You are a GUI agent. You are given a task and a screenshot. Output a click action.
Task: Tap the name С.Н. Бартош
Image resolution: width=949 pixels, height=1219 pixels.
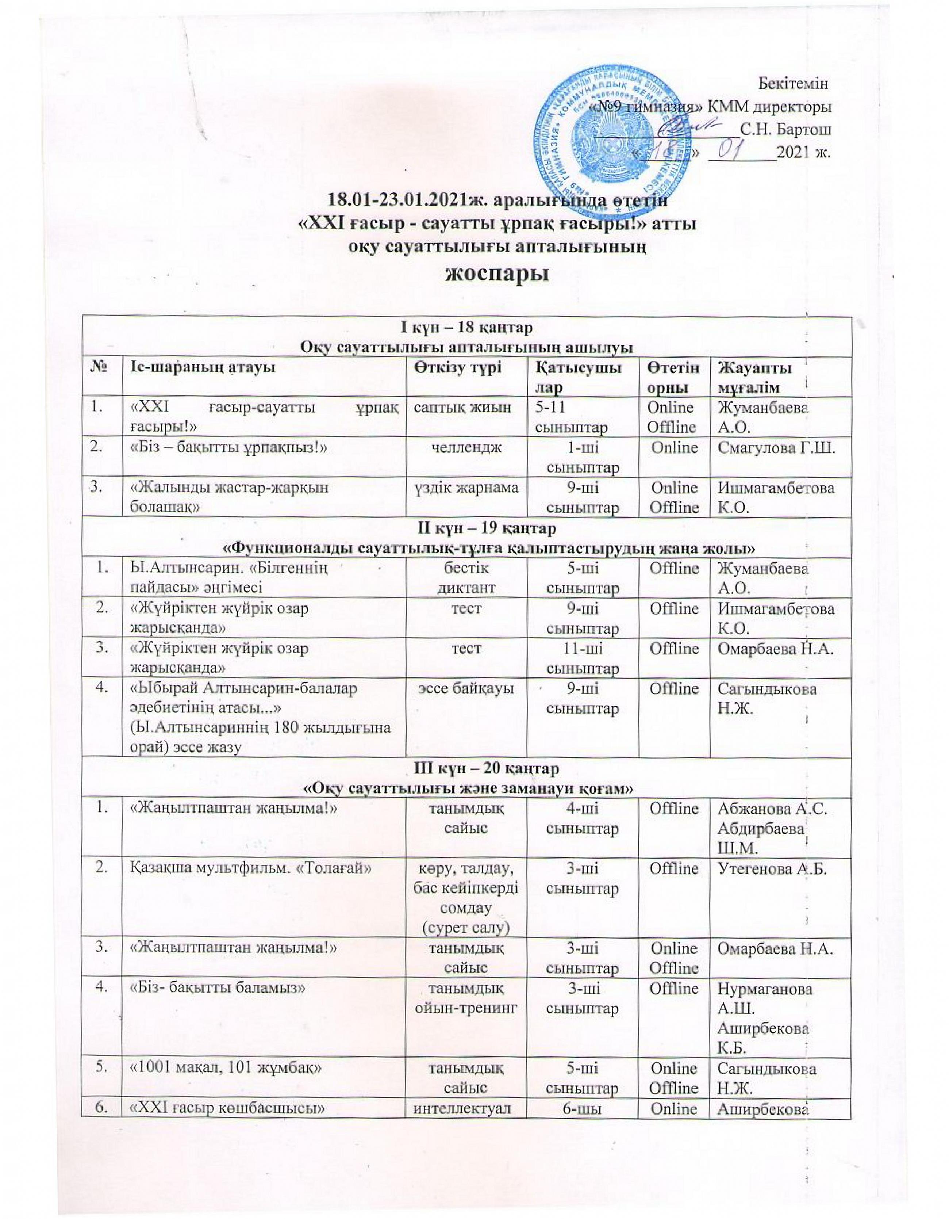point(784,130)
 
